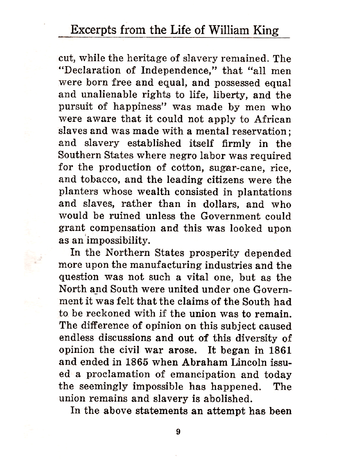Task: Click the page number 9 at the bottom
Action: click(x=178, y=432)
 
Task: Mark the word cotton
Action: click(x=184, y=168)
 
